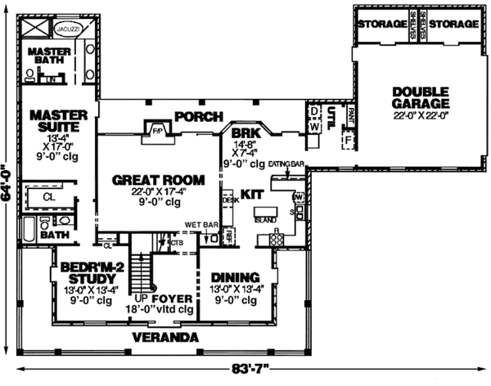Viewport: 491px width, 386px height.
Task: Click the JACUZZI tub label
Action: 66,28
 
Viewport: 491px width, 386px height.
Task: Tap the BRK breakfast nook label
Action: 245,132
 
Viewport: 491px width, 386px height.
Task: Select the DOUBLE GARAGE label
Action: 421,97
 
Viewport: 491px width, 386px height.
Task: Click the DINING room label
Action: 235,276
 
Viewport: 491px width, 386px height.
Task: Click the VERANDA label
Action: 167,337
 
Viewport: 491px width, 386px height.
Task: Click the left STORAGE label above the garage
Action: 381,25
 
